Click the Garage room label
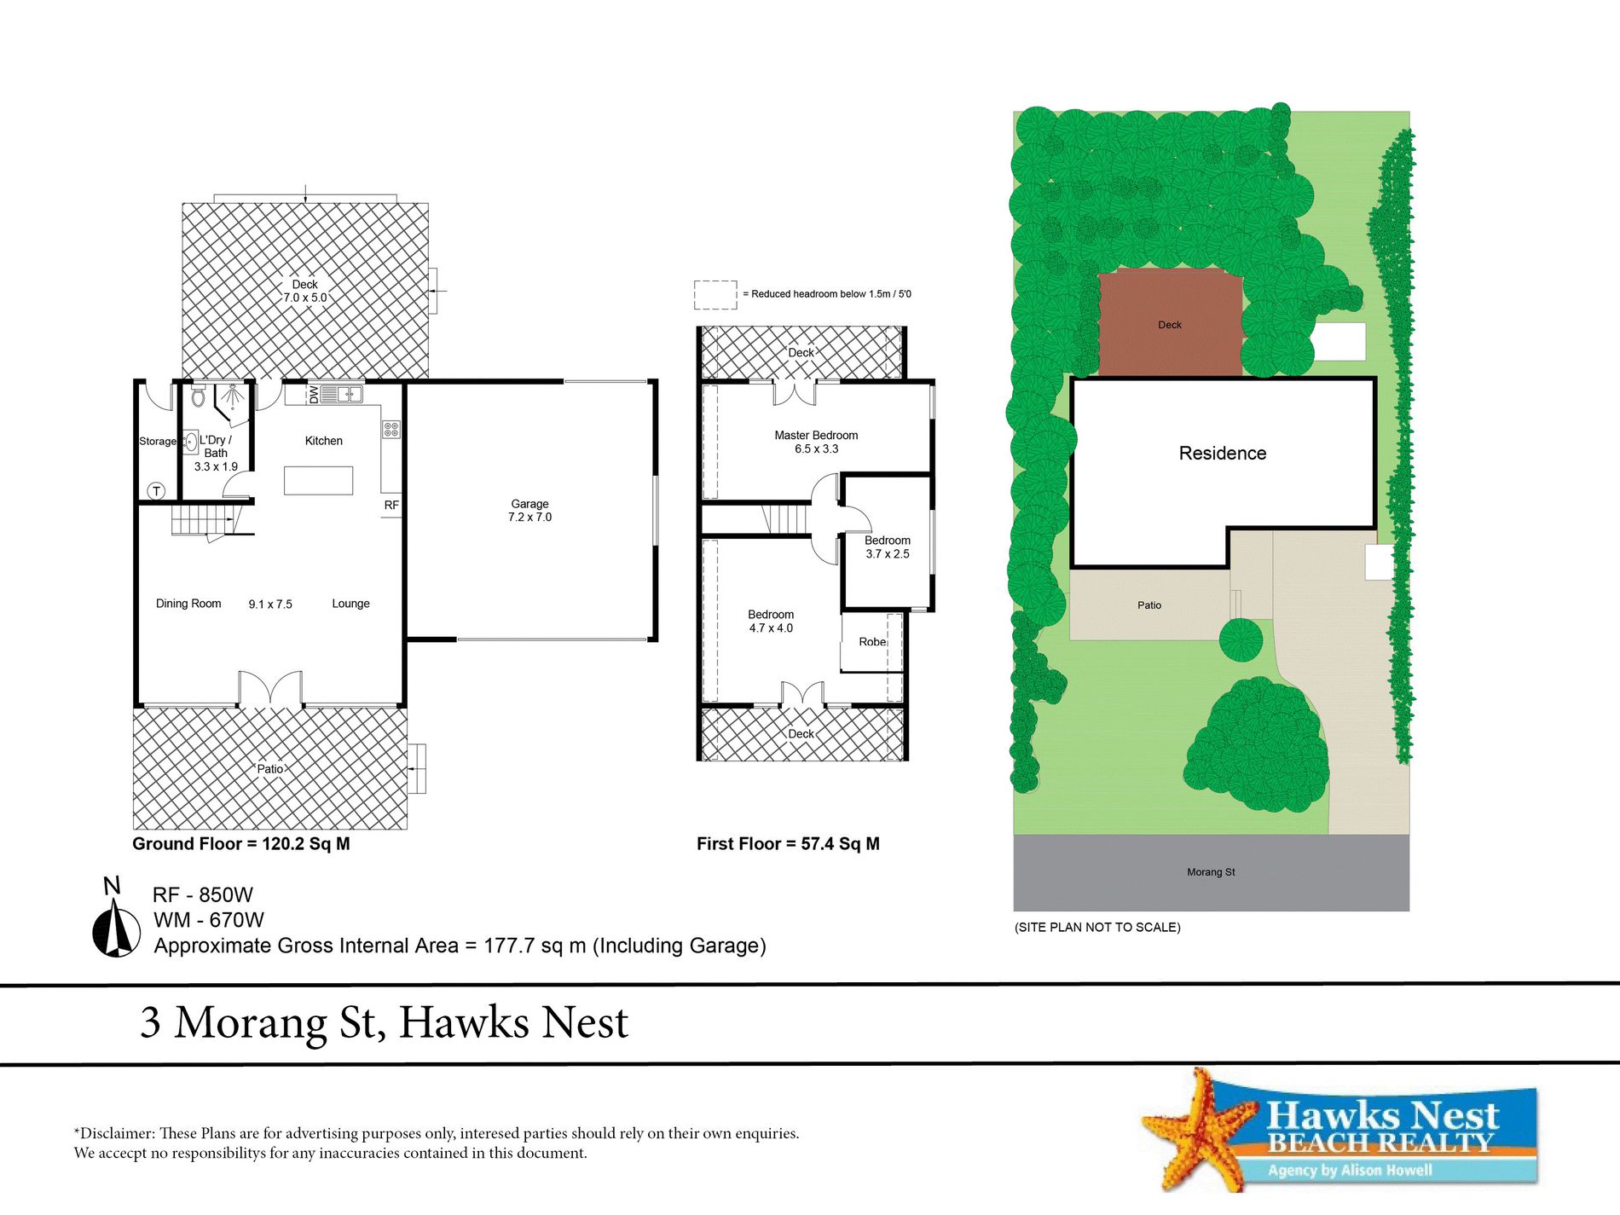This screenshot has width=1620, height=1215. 529,504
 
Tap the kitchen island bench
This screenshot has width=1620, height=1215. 318,480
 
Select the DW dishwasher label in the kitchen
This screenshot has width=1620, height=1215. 314,394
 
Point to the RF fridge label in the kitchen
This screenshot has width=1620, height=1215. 391,505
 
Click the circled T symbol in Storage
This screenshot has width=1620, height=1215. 157,490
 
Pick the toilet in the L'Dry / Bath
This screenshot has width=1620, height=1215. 199,396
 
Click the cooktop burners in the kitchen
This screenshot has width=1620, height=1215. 391,429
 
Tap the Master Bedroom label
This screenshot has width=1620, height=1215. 816,435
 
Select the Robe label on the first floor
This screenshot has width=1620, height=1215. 872,641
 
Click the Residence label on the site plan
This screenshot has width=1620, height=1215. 1223,453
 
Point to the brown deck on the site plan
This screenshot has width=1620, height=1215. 1170,324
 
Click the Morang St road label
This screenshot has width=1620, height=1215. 1211,871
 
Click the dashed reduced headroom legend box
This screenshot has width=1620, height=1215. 715,295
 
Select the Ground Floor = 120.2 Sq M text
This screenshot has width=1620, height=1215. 241,844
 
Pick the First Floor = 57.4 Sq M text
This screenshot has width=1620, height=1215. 788,844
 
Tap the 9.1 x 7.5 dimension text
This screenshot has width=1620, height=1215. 270,604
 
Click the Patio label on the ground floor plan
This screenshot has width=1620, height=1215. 270,768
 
